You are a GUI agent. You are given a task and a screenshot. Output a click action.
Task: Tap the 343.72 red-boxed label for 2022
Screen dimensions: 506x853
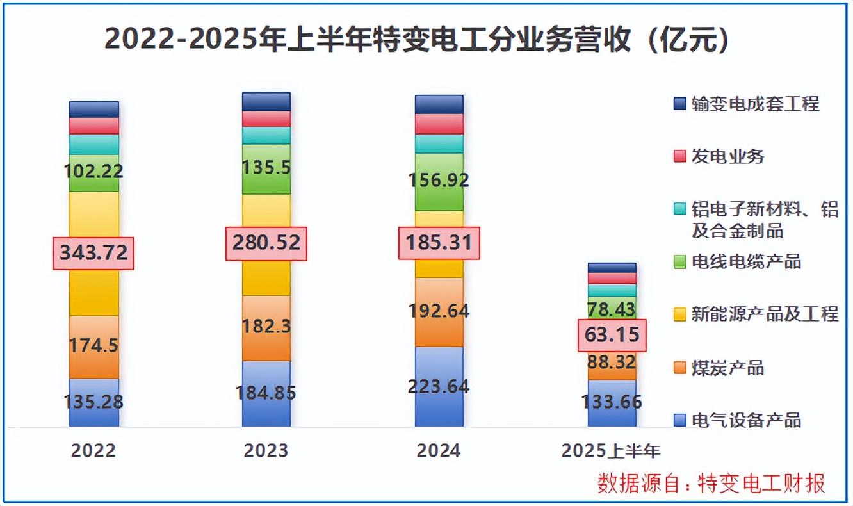[93, 253]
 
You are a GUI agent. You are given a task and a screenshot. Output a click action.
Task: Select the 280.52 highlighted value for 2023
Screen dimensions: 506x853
[266, 243]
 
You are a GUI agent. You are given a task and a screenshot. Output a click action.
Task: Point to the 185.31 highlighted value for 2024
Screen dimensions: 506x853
[439, 243]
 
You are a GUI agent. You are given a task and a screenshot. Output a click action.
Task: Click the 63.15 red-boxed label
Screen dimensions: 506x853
[612, 335]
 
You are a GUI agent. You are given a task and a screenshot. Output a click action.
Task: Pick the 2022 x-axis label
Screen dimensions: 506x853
[93, 450]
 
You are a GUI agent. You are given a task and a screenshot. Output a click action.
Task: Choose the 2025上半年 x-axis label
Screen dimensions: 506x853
[611, 450]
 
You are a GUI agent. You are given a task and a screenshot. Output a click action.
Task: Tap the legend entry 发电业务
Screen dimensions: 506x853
[727, 156]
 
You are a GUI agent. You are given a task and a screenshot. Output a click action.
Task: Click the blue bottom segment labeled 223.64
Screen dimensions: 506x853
[439, 387]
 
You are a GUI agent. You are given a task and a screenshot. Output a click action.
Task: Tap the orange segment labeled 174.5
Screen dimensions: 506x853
[94, 347]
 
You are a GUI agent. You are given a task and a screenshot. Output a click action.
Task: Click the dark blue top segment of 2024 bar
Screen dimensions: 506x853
[439, 104]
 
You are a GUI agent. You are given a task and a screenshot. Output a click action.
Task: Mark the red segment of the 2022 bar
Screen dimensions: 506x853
[94, 126]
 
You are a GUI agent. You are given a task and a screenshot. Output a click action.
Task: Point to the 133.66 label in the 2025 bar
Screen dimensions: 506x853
[612, 403]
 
